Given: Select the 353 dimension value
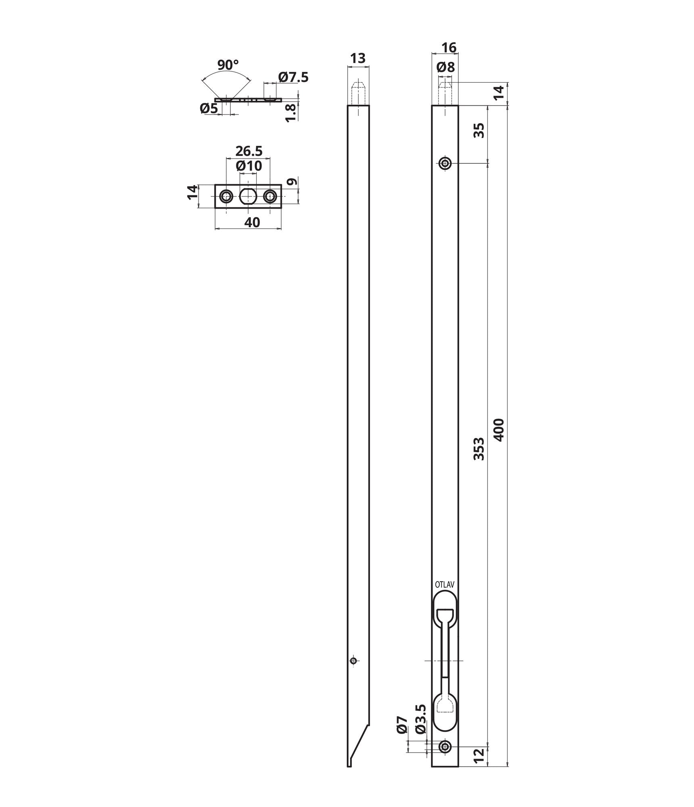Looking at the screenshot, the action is [x=479, y=448].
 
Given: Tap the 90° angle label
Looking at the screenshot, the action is [x=228, y=65].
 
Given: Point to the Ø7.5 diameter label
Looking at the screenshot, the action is [x=293, y=77].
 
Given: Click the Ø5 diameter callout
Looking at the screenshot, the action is [x=209, y=108].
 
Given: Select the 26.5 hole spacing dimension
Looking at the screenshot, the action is [x=249, y=151].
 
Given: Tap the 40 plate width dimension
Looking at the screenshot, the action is [x=252, y=222].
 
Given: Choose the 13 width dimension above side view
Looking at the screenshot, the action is [x=357, y=59].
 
